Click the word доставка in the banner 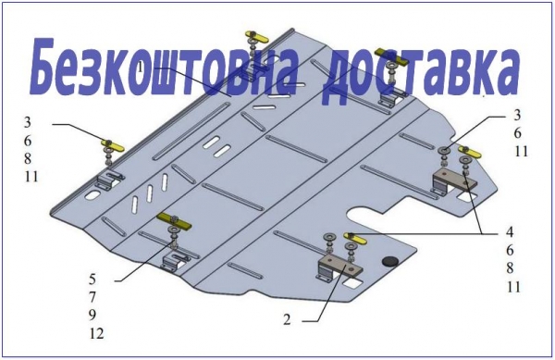click(x=421, y=72)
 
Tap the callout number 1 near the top click(x=141, y=67)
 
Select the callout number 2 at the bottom click(x=287, y=319)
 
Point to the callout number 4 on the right click(x=510, y=232)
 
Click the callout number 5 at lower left click(x=92, y=279)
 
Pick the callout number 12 click(x=96, y=333)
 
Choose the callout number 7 click(x=92, y=297)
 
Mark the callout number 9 click(x=92, y=315)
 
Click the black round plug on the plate click(x=390, y=261)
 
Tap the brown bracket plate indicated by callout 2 click(x=340, y=267)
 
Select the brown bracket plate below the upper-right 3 click(x=455, y=180)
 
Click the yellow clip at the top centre click(x=256, y=36)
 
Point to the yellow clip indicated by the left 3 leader click(x=113, y=144)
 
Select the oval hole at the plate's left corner click(x=93, y=194)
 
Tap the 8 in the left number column click(x=28, y=158)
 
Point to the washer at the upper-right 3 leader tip click(x=444, y=151)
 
